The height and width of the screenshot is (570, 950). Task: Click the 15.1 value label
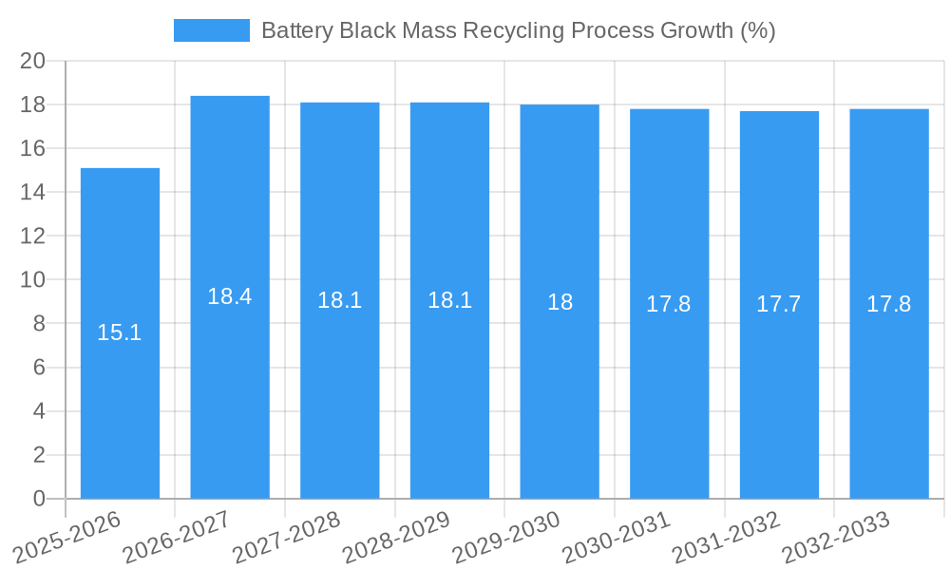pyautogui.click(x=120, y=332)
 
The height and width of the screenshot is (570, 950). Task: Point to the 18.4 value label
pyautogui.click(x=230, y=296)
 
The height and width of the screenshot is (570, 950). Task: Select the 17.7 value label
pyautogui.click(x=779, y=304)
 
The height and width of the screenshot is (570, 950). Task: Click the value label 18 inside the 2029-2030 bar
pyautogui.click(x=560, y=302)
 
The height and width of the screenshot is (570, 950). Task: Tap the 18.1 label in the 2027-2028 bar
pyautogui.click(x=340, y=300)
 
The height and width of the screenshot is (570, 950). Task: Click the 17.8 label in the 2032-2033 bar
pyautogui.click(x=889, y=304)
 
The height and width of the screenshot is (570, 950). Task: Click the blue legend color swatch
pyautogui.click(x=211, y=30)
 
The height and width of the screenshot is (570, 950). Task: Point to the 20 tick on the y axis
pyautogui.click(x=33, y=61)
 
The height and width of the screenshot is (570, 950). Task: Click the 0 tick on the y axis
pyautogui.click(x=39, y=499)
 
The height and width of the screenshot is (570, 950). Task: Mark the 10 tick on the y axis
pyautogui.click(x=33, y=280)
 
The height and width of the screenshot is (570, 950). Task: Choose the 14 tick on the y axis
pyautogui.click(x=33, y=192)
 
